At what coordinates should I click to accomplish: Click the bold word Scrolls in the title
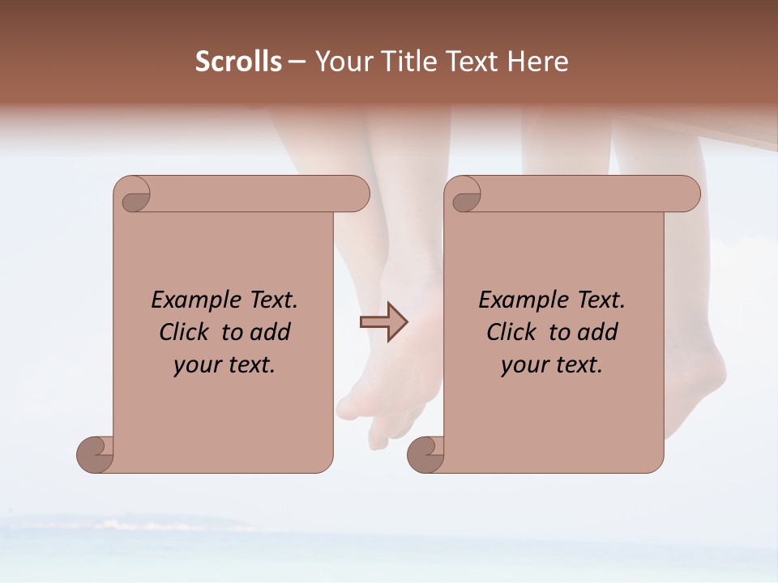point(239,62)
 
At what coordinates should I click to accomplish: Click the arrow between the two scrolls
point(383,322)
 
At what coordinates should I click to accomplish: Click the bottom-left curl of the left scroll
point(96,454)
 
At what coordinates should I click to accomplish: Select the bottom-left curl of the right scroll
point(425,454)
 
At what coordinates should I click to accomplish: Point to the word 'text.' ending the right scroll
point(577,365)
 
